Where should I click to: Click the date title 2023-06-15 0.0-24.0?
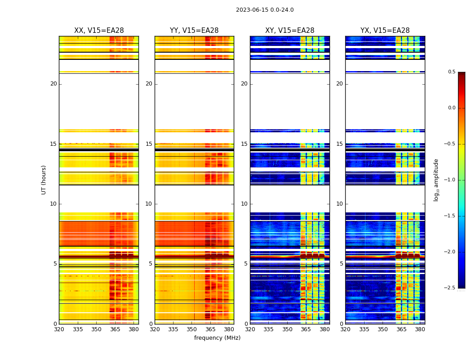tap(265, 10)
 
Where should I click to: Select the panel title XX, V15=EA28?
tap(99, 31)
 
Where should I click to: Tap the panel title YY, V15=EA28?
tap(194, 31)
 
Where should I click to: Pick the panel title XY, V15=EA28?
tap(289, 31)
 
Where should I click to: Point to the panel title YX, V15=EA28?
tap(385, 31)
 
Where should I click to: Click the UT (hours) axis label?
tap(44, 180)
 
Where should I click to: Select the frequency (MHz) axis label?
tap(217, 338)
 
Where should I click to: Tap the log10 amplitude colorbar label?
tap(436, 180)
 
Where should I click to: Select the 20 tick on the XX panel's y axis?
tap(53, 84)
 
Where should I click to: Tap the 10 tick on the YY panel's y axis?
tap(149, 204)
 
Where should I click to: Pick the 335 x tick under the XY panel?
tap(268, 329)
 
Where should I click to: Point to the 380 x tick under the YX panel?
tap(420, 329)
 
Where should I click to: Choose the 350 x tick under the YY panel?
tap(192, 329)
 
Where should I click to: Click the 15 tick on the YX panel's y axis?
tap(340, 144)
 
